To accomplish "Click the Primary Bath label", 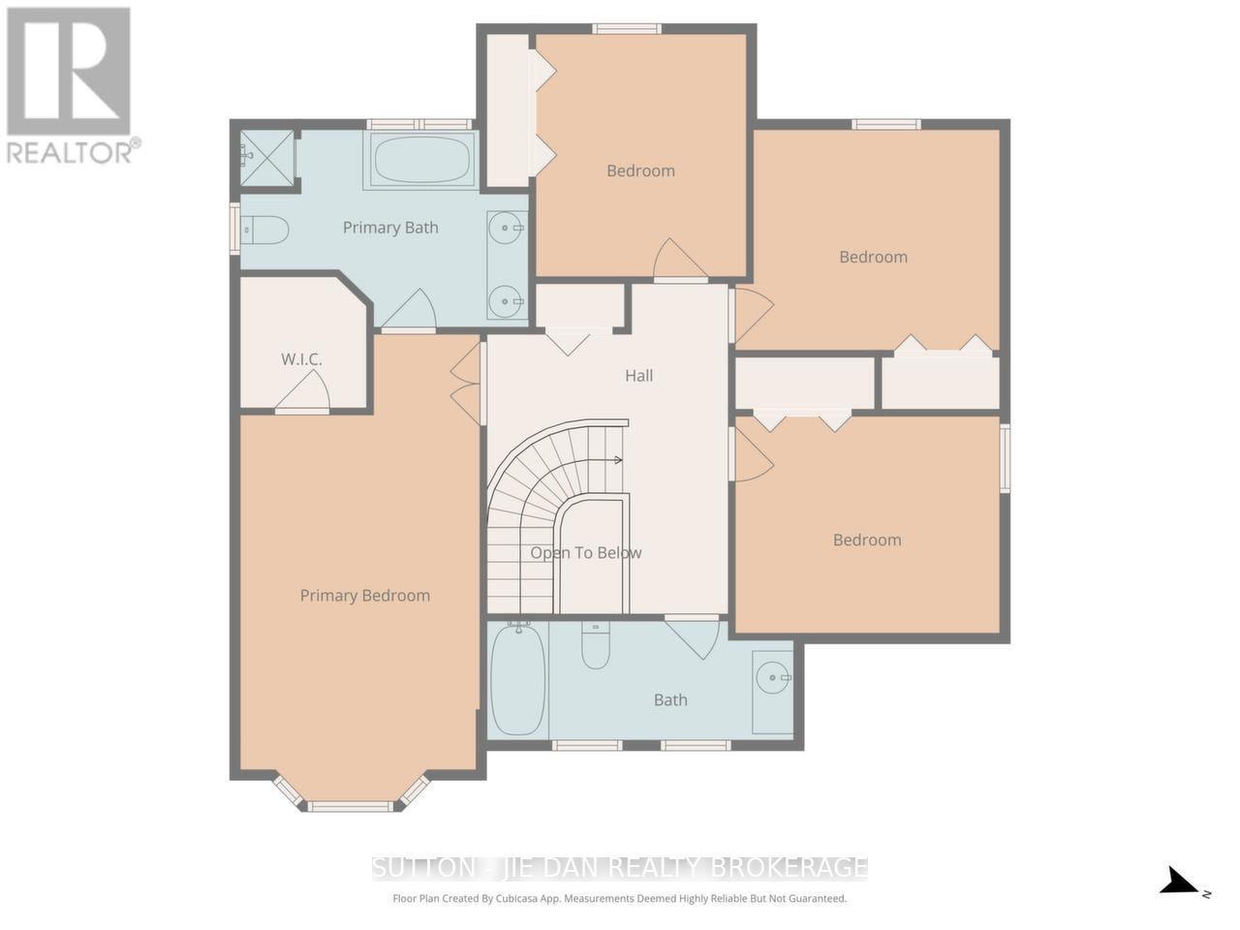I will pyautogui.click(x=390, y=228).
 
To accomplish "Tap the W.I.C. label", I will pyautogui.click(x=301, y=359).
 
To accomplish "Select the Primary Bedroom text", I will pyautogui.click(x=364, y=596).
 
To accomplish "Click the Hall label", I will pyautogui.click(x=638, y=376).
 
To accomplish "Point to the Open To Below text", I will pyautogui.click(x=585, y=553).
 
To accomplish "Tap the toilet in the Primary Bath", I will pyautogui.click(x=265, y=231).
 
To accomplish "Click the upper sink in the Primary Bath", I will pyautogui.click(x=506, y=230).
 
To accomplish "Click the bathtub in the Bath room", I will pyautogui.click(x=517, y=681).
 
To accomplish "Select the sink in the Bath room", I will pyautogui.click(x=773, y=677).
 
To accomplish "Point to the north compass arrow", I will pyautogui.click(x=1180, y=882).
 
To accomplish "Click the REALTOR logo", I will pyautogui.click(x=70, y=85).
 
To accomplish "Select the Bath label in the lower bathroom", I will pyautogui.click(x=670, y=699).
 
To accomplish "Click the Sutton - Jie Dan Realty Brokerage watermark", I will pyautogui.click(x=620, y=867).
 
